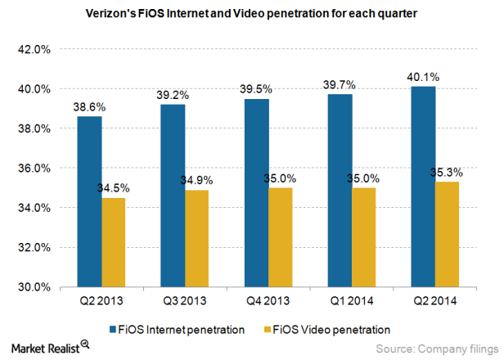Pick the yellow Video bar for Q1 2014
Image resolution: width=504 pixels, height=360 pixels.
point(364,237)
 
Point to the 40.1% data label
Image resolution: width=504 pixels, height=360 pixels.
point(423,78)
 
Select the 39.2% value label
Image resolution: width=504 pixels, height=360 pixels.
point(173,96)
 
